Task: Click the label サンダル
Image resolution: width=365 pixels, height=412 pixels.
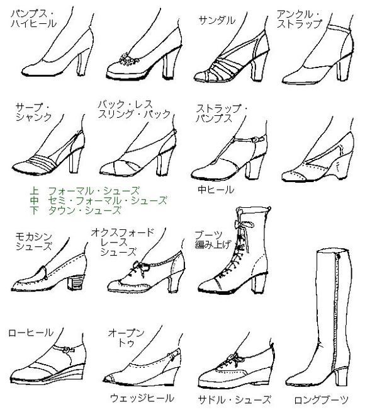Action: tap(217, 21)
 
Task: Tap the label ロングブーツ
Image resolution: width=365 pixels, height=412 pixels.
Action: tap(321, 400)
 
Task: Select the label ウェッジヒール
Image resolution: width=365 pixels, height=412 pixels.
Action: tap(142, 398)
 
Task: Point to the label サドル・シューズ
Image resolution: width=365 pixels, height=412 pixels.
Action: tap(234, 399)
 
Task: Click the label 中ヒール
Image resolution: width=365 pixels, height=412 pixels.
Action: tap(216, 190)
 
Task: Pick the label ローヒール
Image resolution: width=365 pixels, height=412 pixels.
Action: tap(31, 333)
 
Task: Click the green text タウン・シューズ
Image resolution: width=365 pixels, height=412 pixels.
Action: tap(84, 210)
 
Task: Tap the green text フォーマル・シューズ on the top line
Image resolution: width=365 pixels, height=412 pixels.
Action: tap(94, 190)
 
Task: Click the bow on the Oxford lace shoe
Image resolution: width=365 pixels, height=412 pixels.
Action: tap(141, 268)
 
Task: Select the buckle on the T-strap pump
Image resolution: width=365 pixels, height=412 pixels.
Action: tap(254, 139)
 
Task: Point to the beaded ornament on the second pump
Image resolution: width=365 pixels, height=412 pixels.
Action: tap(128, 60)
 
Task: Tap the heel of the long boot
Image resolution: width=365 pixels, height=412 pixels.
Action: tap(341, 375)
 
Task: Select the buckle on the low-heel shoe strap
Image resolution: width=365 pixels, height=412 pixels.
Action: tap(67, 350)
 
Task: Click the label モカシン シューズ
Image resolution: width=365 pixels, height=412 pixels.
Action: tap(33, 242)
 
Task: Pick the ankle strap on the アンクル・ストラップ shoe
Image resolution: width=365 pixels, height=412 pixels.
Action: tap(339, 28)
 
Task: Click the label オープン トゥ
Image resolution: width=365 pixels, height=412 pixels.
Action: tap(126, 338)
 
